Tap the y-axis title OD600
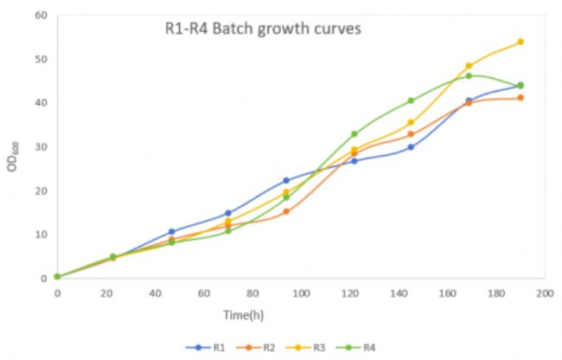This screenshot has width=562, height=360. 12,154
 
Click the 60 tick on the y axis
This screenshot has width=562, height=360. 41,16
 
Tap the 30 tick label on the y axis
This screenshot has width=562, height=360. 41,147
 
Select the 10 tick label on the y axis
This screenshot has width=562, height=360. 41,235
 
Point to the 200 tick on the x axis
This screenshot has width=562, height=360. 543,294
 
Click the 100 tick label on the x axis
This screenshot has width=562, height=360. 300,294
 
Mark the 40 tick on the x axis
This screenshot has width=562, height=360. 154,294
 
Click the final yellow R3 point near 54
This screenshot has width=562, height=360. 520,42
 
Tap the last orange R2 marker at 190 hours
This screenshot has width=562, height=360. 520,98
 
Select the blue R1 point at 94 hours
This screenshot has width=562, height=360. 286,181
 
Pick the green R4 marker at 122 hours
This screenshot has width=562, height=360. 354,134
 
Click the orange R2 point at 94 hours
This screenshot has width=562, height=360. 286,211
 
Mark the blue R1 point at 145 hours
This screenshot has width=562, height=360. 411,147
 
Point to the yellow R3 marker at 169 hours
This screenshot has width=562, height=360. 469,66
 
